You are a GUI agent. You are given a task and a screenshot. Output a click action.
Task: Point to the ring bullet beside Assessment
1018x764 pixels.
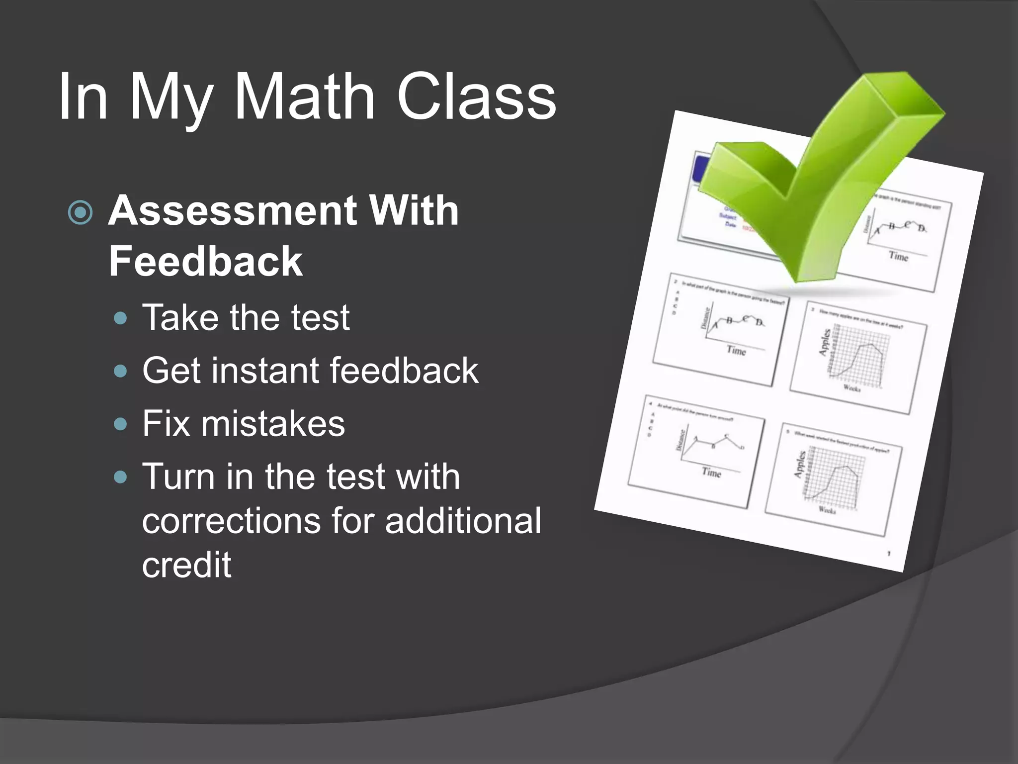click(80, 213)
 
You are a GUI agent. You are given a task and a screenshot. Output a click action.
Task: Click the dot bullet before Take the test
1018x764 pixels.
click(120, 318)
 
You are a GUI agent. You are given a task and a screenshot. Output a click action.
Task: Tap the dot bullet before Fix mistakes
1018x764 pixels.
click(120, 424)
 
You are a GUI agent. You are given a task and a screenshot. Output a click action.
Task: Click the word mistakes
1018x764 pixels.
click(272, 424)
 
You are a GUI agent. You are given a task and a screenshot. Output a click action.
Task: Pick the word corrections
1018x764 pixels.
click(231, 521)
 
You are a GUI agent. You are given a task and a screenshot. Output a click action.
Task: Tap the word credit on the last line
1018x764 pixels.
click(186, 565)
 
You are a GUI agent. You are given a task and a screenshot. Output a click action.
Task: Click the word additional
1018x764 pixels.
click(463, 521)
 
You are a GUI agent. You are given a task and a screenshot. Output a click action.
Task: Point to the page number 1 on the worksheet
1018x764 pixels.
click(889, 553)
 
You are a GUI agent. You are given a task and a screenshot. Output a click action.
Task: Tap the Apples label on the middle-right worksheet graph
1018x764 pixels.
click(824, 342)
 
